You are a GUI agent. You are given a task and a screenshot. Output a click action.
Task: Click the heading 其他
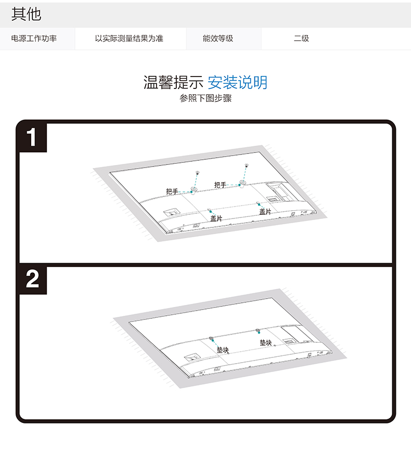(26, 14)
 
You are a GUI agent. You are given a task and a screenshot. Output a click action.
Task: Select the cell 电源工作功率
(34, 38)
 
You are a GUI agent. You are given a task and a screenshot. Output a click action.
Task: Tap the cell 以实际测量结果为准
(129, 38)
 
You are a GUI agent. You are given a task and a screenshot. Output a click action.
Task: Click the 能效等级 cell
(218, 38)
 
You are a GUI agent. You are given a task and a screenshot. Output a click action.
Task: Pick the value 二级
(301, 38)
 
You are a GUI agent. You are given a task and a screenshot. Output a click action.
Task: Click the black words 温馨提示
(173, 82)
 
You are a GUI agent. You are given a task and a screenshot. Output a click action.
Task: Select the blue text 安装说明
(237, 82)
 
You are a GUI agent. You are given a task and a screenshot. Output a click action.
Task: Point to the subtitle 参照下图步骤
(205, 98)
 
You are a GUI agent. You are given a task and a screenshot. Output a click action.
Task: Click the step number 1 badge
(32, 137)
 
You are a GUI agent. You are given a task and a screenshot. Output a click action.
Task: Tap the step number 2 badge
(32, 279)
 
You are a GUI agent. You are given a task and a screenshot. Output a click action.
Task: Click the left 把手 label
(172, 191)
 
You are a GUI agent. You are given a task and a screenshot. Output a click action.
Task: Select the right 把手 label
(220, 185)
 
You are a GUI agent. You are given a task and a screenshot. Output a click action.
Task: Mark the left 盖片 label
(216, 218)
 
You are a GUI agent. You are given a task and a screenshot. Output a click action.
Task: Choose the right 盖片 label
(265, 212)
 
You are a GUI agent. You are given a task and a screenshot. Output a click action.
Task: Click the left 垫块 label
(223, 350)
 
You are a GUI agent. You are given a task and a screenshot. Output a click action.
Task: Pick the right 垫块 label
(266, 342)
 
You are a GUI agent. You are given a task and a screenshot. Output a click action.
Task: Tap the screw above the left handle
(198, 173)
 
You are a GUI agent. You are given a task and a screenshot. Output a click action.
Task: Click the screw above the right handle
(247, 165)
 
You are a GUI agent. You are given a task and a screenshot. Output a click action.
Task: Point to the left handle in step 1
(194, 190)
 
